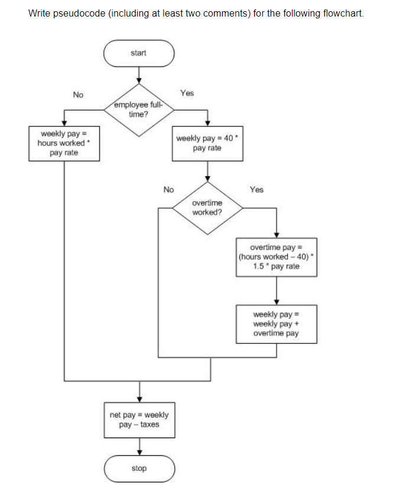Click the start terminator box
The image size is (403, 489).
coord(139,53)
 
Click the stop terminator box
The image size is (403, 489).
coord(139,468)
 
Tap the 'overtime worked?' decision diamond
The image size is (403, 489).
coord(207,208)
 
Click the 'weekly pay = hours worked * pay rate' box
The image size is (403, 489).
coord(64,143)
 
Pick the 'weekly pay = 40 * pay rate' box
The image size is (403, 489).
coord(207,143)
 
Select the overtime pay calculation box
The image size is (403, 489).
coord(276,257)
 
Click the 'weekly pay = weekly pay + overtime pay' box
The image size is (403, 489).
coord(276,324)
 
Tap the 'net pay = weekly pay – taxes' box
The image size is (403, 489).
coord(139,420)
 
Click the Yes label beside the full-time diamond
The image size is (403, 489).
coord(187,93)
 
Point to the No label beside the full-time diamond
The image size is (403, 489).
coord(78,95)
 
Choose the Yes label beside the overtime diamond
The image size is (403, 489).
coord(256,190)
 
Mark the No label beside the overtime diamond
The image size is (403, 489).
coord(168,190)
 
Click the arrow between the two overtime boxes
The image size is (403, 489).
coord(276,290)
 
